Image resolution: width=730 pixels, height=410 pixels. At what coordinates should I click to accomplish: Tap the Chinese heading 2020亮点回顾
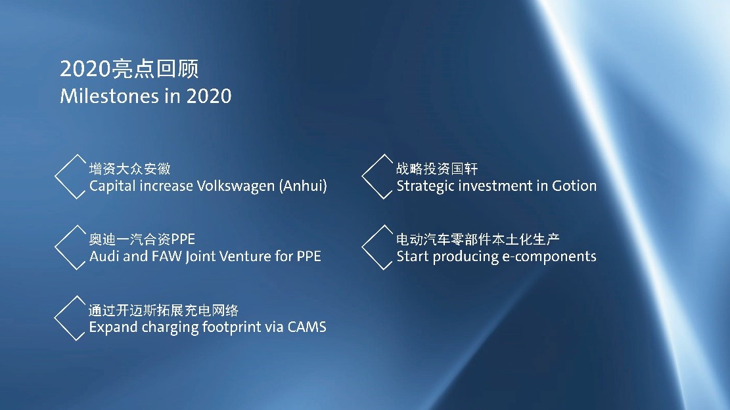tap(129, 68)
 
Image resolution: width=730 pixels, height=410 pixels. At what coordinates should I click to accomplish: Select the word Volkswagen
tap(236, 186)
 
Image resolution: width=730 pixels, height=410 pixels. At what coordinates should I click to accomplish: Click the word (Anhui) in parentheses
tap(303, 186)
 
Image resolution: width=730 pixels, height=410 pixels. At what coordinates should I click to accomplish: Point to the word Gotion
tap(574, 186)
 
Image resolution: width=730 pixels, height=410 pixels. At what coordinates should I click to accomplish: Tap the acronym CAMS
tap(307, 327)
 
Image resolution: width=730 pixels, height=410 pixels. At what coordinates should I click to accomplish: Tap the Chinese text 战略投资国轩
tap(437, 169)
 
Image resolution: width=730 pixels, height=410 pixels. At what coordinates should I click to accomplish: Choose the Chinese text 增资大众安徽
tap(130, 169)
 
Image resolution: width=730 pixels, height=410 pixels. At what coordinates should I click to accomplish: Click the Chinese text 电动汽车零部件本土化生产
tap(478, 239)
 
